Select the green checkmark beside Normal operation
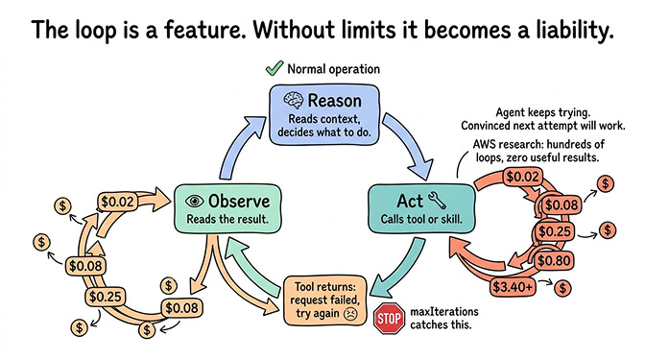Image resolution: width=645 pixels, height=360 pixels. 271,69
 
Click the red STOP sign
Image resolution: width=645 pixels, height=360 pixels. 387,319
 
